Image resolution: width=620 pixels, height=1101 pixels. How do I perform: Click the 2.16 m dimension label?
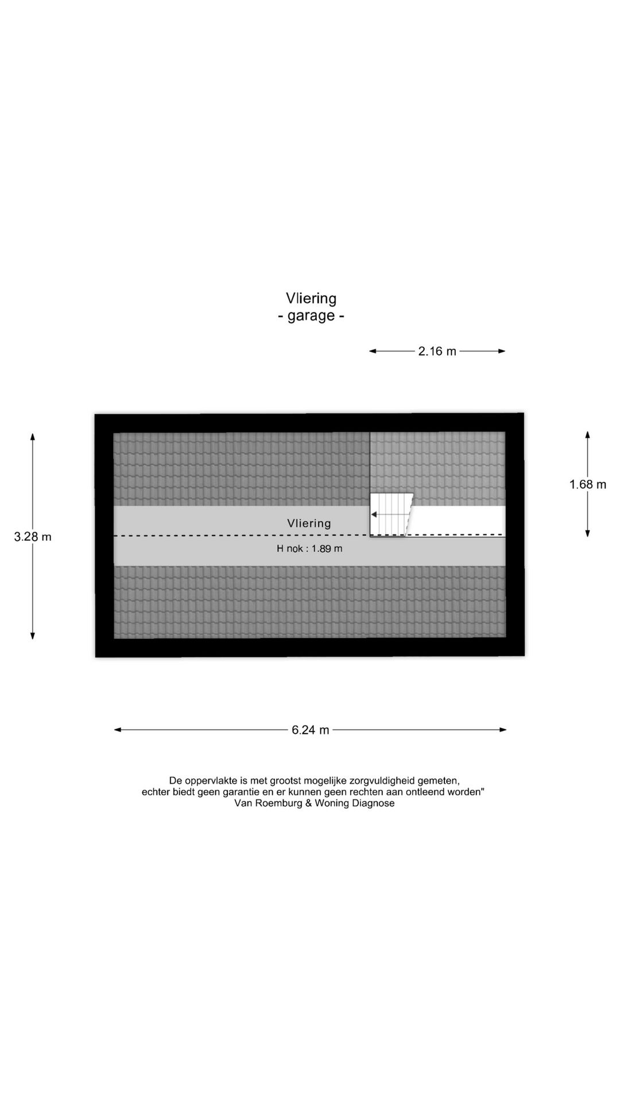[437, 351]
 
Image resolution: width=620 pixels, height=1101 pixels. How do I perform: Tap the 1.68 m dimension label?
[588, 485]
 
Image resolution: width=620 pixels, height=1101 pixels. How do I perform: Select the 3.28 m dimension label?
[33, 537]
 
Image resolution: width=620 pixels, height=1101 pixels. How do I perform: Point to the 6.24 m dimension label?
[311, 730]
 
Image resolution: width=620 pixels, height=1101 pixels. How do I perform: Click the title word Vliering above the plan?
[311, 299]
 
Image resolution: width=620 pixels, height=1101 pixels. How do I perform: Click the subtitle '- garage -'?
[311, 316]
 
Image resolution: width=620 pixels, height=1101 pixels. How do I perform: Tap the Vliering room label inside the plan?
[309, 523]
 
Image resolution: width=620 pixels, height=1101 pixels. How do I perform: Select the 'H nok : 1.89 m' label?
[309, 549]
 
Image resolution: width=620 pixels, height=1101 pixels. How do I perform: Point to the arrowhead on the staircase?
[374, 514]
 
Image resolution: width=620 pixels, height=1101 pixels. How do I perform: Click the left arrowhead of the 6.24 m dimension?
[117, 730]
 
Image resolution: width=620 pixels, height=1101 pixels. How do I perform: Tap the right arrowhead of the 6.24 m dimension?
[503, 730]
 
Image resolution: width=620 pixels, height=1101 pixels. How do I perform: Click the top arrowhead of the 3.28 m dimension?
[33, 436]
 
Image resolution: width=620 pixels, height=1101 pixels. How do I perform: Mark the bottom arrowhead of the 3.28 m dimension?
[33, 635]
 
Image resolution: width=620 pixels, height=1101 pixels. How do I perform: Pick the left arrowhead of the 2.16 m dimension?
[373, 351]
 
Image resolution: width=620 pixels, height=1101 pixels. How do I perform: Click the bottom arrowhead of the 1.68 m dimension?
[588, 533]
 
